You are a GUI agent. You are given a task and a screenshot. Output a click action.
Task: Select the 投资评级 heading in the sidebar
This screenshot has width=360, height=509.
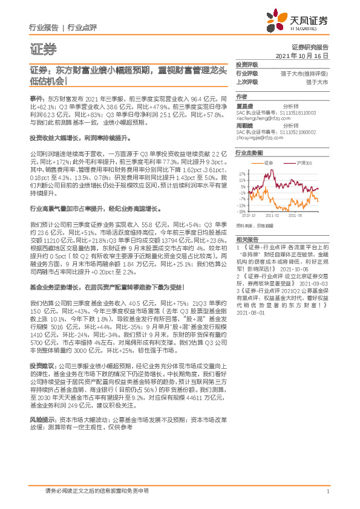[246, 64]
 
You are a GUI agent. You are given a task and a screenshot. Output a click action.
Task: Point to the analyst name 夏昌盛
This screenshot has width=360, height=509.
[244, 104]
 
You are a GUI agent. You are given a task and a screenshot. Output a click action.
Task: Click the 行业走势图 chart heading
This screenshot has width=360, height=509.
[248, 154]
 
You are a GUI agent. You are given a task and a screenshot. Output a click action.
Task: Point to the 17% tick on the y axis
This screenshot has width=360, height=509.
[241, 171]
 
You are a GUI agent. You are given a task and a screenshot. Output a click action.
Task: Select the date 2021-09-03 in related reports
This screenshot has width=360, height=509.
[313, 266]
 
